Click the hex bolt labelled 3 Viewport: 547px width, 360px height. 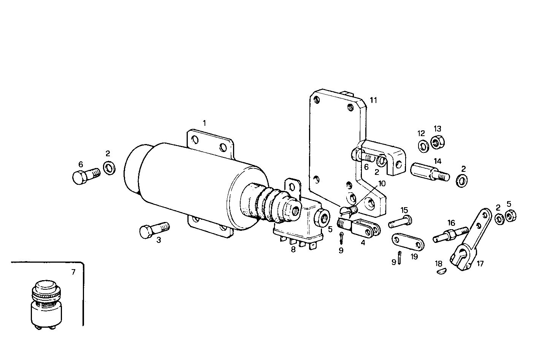[154, 230]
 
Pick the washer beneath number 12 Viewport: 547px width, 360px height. [422, 146]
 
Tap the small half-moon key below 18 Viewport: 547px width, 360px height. [441, 271]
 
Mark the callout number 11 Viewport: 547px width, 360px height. [373, 100]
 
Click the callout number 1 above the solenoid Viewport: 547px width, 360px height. [204, 123]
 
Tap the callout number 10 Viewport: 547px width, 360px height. [382, 184]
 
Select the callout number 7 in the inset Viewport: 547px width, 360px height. [73, 272]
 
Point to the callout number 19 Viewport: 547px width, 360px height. [414, 257]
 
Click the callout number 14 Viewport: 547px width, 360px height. [438, 161]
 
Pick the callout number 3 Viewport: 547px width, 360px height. [159, 240]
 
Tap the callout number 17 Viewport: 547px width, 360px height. [480, 263]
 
